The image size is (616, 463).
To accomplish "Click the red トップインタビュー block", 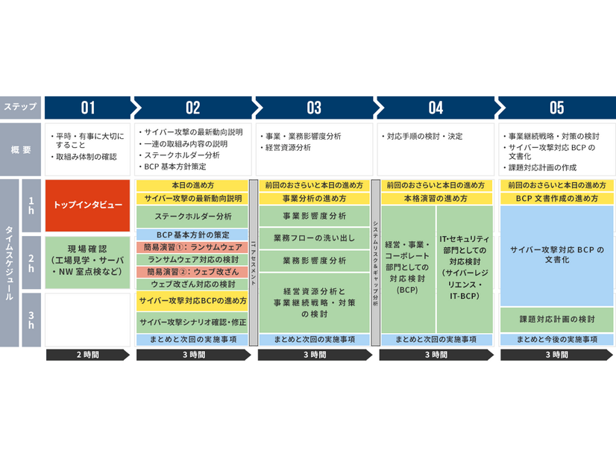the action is (x=87, y=205).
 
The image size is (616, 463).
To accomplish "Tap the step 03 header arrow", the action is (x=314, y=108).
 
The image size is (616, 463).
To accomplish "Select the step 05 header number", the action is (x=556, y=108).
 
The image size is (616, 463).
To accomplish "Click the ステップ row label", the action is (x=20, y=108).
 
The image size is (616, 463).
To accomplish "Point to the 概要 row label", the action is (x=20, y=149).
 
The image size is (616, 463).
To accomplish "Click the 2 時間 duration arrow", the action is (x=87, y=355).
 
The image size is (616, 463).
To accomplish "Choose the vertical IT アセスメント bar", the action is (x=254, y=263).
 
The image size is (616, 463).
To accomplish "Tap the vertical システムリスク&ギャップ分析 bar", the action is (x=376, y=263).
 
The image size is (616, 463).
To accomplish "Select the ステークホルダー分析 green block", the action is (x=192, y=217).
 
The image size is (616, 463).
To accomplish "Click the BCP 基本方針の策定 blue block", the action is (x=192, y=234).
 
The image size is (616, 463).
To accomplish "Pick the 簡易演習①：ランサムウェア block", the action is (x=192, y=247).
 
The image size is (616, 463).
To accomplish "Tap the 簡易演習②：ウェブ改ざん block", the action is (x=192, y=272).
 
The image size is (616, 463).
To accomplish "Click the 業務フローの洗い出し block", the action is (x=314, y=238).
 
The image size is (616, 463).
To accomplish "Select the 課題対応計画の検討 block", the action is (x=556, y=319).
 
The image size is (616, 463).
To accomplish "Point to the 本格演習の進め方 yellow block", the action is (x=436, y=199).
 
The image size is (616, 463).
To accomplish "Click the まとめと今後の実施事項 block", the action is (x=556, y=339).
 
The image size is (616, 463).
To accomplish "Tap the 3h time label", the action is (x=31, y=320).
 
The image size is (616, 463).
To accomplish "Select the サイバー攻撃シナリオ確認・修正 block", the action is (x=192, y=322).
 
